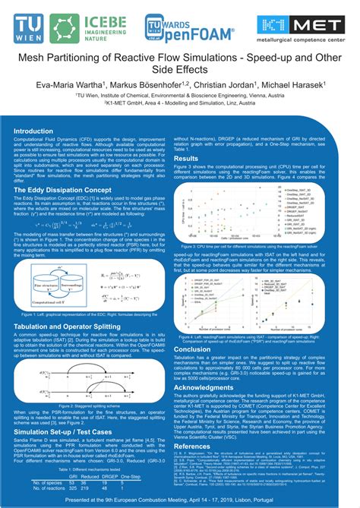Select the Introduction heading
click(x=38, y=131)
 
